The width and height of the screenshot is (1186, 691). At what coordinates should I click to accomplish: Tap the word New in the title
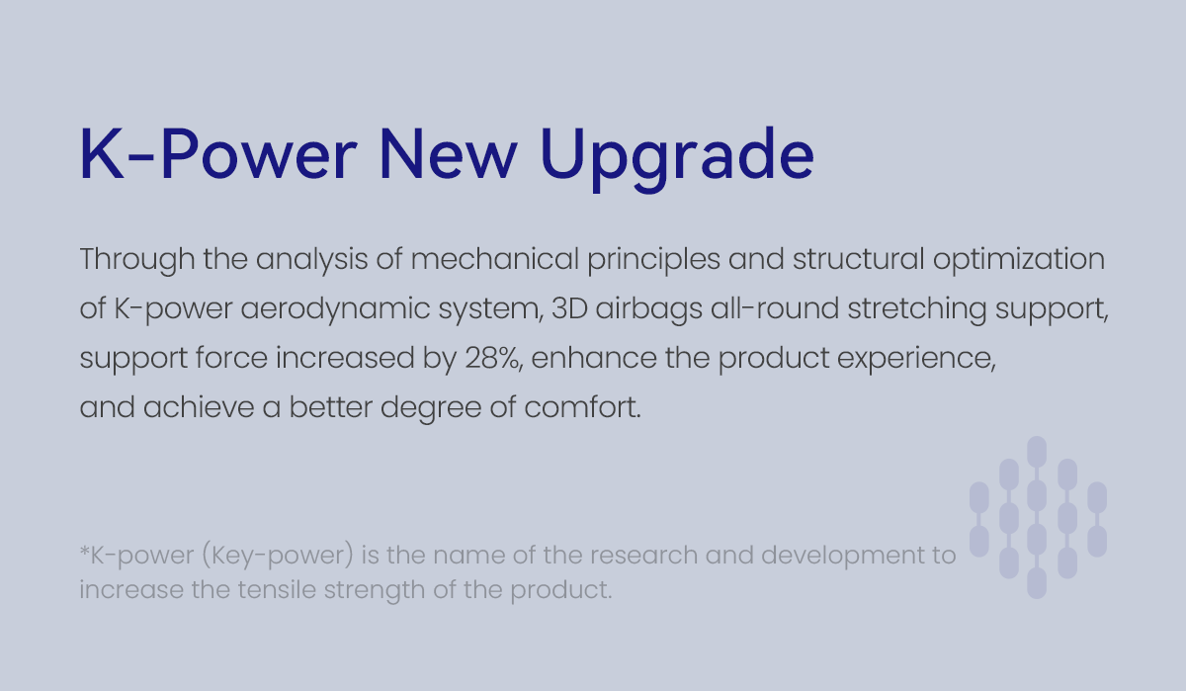click(x=448, y=154)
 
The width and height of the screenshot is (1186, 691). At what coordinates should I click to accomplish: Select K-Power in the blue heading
click(x=218, y=154)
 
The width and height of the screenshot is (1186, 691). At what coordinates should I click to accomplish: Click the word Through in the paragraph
click(x=137, y=259)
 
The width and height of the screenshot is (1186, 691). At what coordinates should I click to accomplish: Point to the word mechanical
click(x=494, y=259)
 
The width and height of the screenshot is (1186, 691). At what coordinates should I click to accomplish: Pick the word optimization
click(x=1019, y=260)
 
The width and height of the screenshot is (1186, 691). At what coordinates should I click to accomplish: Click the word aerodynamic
click(x=335, y=309)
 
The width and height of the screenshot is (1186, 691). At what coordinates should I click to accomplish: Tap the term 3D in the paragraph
click(x=569, y=308)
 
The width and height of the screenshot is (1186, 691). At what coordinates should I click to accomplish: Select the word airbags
click(x=649, y=309)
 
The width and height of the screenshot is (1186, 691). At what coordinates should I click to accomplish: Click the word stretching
click(x=917, y=309)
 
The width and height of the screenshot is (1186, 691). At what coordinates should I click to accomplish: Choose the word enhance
click(x=594, y=358)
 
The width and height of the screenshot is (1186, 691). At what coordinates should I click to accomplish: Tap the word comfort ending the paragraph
click(x=582, y=407)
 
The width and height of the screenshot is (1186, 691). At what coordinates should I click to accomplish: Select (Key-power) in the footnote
click(x=278, y=556)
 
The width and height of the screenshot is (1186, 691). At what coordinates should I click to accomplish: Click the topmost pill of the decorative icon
click(x=1037, y=452)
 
